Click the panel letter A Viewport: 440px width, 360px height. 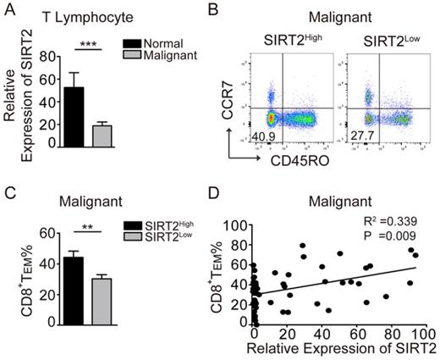pos(8,10)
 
